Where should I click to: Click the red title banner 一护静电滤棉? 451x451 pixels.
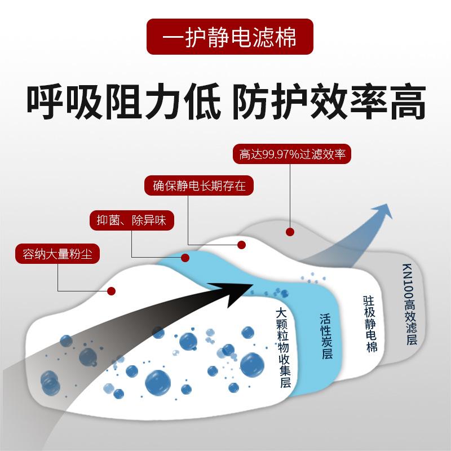[x=225, y=37]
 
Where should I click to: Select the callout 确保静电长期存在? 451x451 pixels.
[x=199, y=185]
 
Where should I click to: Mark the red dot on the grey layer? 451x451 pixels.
[x=290, y=232]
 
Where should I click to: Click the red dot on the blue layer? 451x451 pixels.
[x=184, y=258]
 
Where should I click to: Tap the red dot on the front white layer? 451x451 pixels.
[x=112, y=291]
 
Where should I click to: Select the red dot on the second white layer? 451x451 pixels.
[x=241, y=245]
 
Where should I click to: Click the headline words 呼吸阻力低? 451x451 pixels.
[x=121, y=101]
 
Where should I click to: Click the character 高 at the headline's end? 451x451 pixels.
[x=405, y=101]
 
